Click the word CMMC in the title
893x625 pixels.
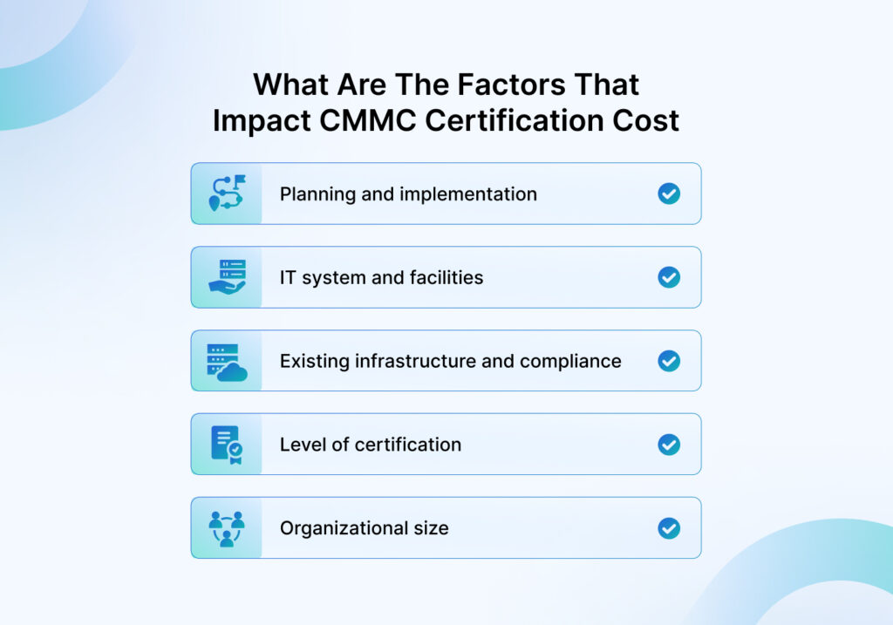coord(367,120)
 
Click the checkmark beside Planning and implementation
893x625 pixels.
coord(669,194)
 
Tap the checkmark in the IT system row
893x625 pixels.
coord(669,277)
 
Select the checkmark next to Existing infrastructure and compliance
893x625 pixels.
coord(669,361)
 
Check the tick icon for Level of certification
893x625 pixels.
coord(669,445)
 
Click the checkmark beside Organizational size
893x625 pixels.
coord(669,528)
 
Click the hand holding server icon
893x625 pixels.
coord(228,276)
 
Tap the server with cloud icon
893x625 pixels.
coord(228,362)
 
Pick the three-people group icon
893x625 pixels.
coord(227,529)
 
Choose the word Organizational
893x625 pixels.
coord(344,529)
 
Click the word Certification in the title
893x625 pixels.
coord(515,120)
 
